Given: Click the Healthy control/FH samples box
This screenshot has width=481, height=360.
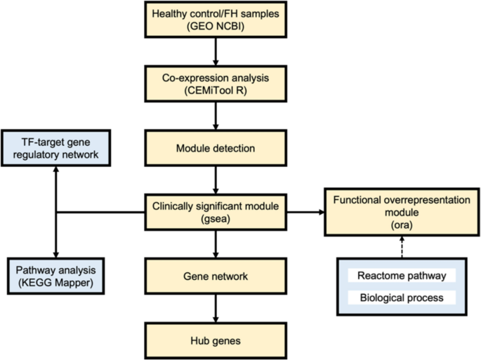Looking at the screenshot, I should (216, 20).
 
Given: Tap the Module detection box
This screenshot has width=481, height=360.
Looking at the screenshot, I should (216, 149).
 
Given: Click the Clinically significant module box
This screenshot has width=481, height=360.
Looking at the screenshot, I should (216, 213).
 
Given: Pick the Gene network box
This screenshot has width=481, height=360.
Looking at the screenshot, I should (216, 276).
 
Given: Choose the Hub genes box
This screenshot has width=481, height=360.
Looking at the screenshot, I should (216, 340).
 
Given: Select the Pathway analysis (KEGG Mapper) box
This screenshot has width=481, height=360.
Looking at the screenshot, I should (53, 276).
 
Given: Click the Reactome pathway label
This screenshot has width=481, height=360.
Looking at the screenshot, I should (402, 276).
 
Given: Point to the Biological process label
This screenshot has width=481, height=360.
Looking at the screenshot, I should (402, 297).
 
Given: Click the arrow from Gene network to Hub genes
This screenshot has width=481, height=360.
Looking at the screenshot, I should (216, 308).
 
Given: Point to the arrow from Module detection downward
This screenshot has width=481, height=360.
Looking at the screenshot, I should (216, 180).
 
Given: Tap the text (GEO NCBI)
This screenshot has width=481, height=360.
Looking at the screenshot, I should (216, 27).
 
